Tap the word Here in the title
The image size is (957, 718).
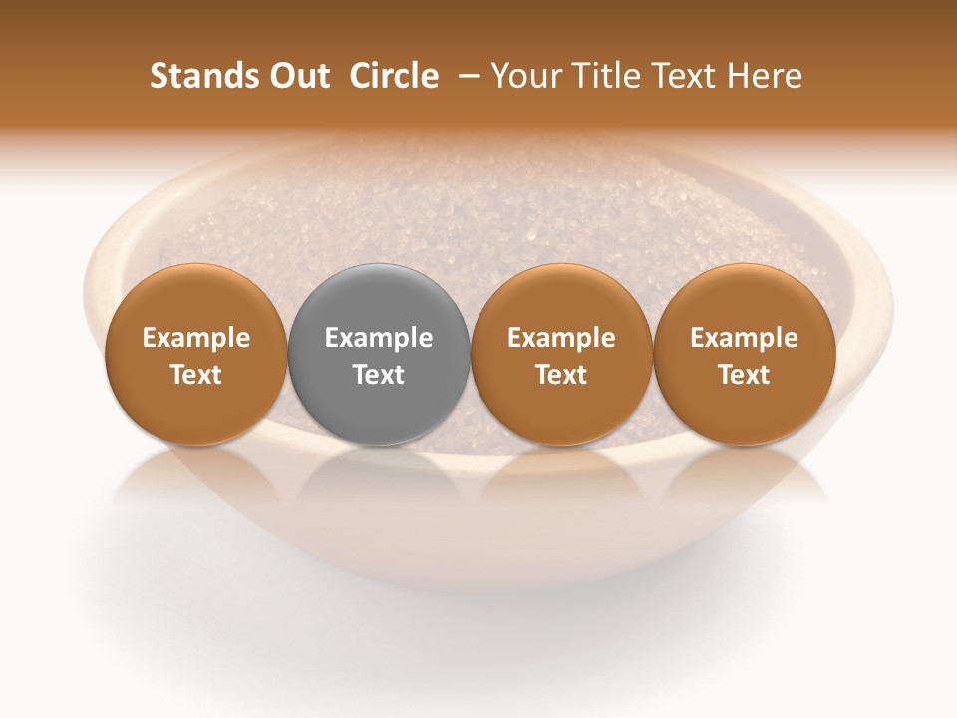(x=767, y=76)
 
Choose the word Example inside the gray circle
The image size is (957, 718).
(x=379, y=338)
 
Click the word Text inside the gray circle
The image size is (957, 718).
(x=379, y=375)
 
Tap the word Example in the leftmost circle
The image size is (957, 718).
(x=196, y=338)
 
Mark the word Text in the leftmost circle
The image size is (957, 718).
(x=196, y=375)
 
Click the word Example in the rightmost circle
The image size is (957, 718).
(x=745, y=338)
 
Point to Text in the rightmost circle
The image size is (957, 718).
(x=745, y=375)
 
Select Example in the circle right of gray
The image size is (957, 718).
(x=561, y=338)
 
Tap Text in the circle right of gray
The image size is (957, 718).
(x=561, y=375)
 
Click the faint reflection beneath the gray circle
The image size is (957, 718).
(x=379, y=479)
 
